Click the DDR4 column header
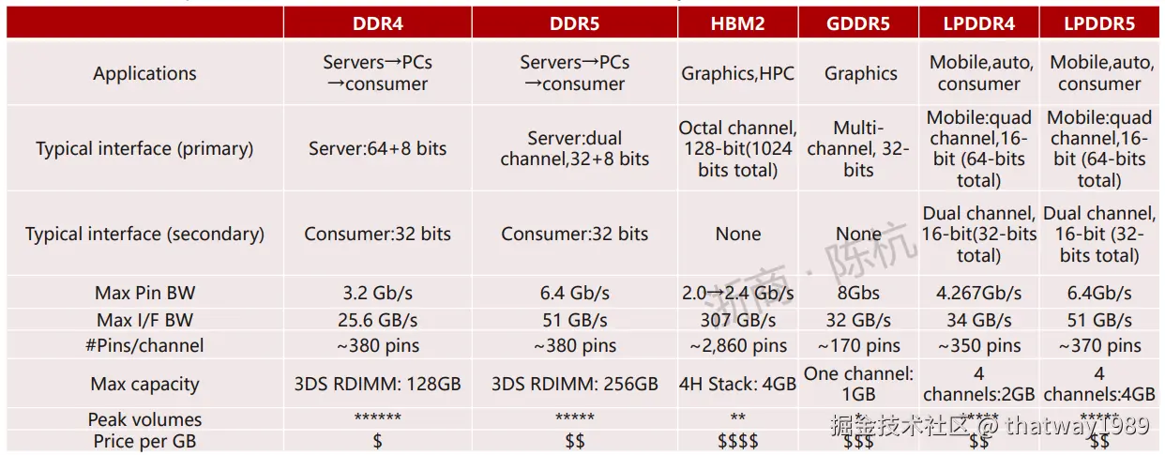tap(378, 23)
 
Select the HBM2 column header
tap(737, 23)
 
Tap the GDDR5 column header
tap(858, 23)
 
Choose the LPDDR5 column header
tap(1098, 23)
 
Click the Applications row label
tap(144, 73)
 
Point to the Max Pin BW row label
tap(144, 293)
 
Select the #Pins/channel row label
tap(144, 345)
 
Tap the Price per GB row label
tap(144, 441)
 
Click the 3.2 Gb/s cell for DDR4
tap(378, 293)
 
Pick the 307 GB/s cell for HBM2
tap(737, 320)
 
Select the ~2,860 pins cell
tap(737, 346)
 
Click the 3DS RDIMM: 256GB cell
tap(575, 384)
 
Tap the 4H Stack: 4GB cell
tap(737, 384)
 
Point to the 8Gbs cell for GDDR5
tap(858, 293)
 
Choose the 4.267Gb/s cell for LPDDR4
tap(978, 293)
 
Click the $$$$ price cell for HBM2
tap(737, 441)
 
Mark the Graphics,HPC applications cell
tap(737, 73)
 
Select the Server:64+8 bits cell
tap(378, 148)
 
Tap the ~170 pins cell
tap(858, 346)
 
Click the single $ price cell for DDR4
tap(378, 441)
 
